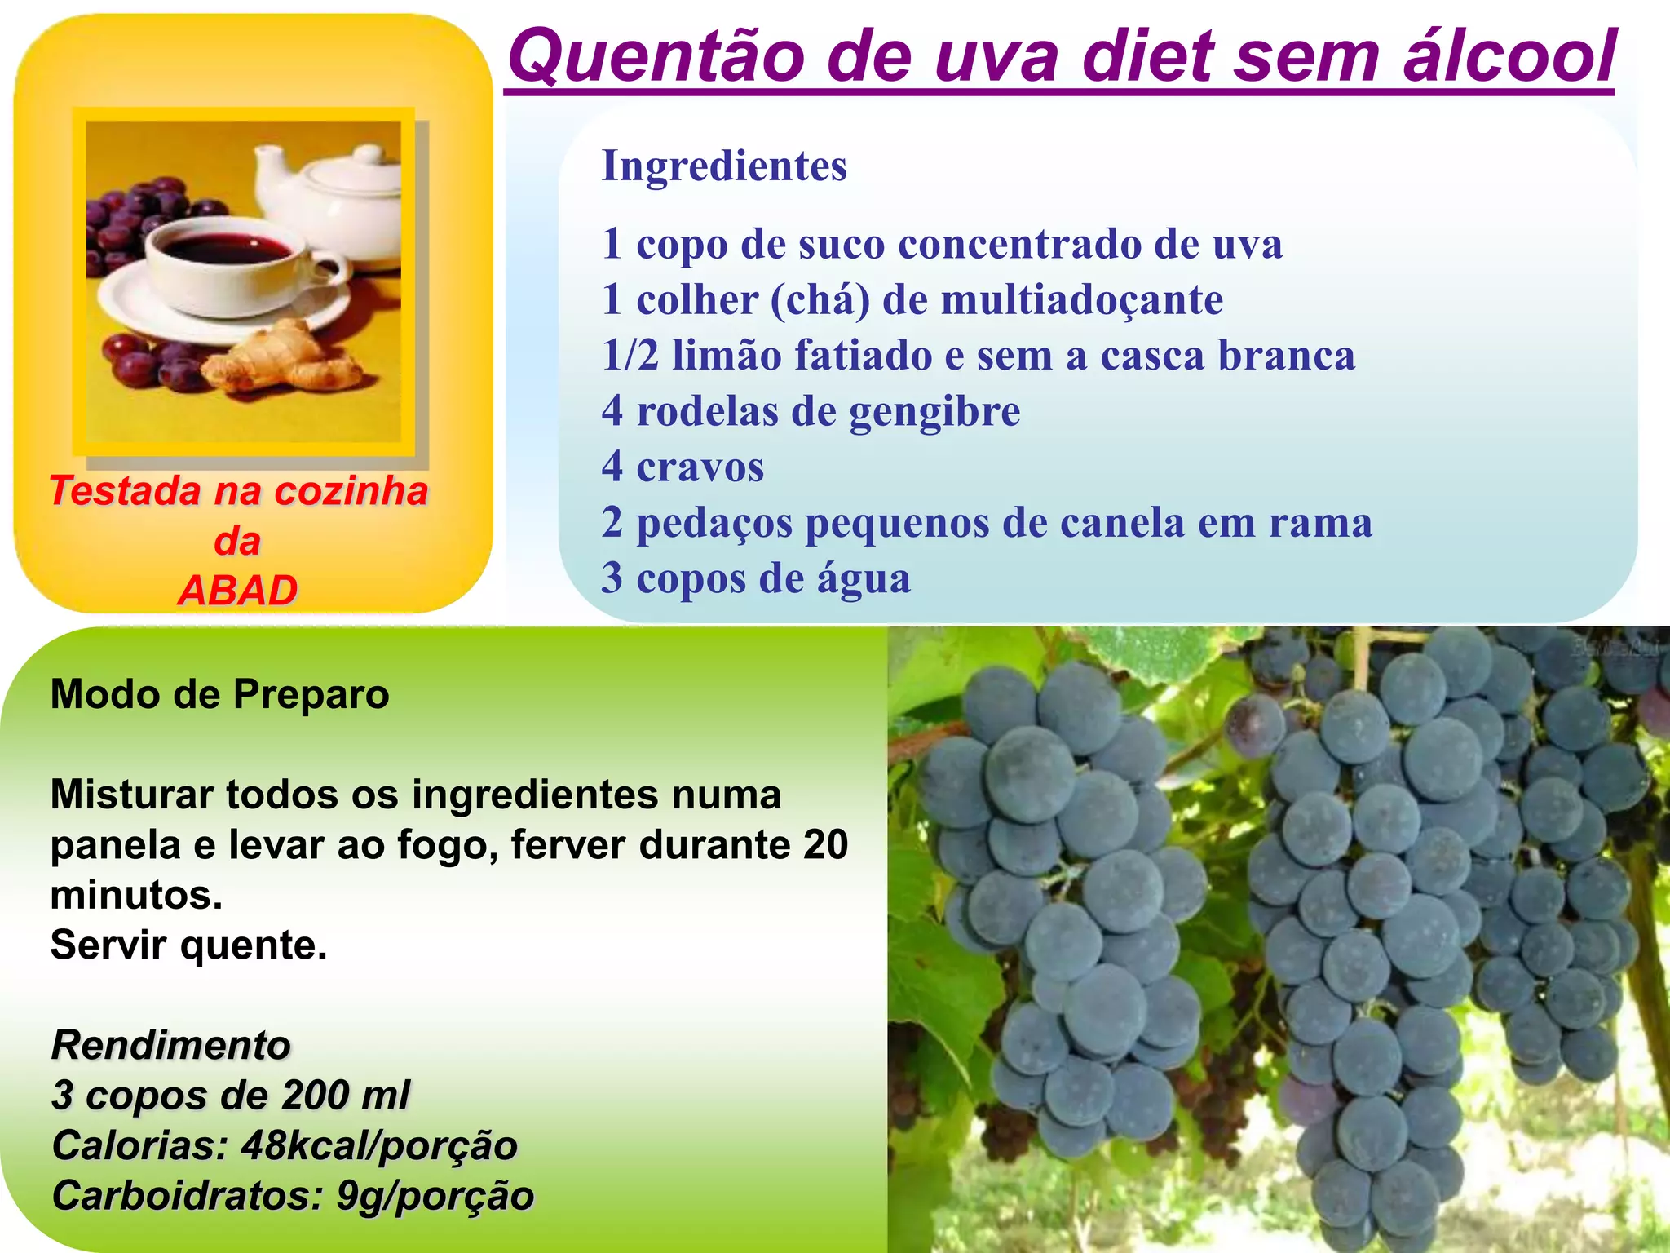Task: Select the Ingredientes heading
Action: point(724,166)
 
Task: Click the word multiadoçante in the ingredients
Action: point(1081,300)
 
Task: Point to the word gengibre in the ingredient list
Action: point(934,412)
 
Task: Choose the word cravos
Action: point(700,467)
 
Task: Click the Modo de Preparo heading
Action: point(219,695)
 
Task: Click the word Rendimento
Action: point(170,1045)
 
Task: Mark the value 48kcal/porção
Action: point(379,1145)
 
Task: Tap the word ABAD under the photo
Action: point(237,591)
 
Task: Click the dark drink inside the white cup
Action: point(221,245)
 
